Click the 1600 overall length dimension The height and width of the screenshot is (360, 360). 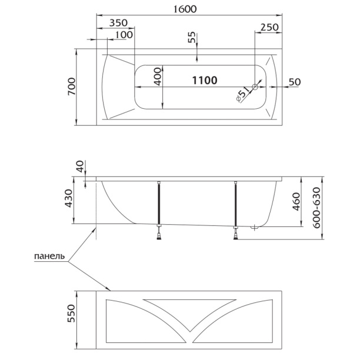(x=185, y=9)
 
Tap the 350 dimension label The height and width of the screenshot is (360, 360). (x=118, y=23)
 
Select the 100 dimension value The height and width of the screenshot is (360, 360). (x=124, y=35)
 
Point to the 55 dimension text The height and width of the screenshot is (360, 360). (x=192, y=37)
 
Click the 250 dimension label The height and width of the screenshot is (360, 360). (x=269, y=27)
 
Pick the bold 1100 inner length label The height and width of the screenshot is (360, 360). (x=205, y=81)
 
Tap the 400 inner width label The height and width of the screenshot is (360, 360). (x=158, y=76)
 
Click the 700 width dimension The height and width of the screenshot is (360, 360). (x=71, y=86)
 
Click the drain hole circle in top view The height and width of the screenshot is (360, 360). (x=255, y=87)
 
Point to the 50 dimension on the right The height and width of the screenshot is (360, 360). (x=295, y=82)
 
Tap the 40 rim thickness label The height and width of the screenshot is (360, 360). (x=80, y=166)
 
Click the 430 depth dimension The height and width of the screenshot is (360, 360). (x=69, y=198)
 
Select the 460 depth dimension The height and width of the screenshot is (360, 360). (x=296, y=202)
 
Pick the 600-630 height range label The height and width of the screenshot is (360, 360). (x=316, y=208)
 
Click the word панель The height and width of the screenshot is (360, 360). (x=49, y=256)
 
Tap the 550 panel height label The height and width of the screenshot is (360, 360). (x=71, y=314)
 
